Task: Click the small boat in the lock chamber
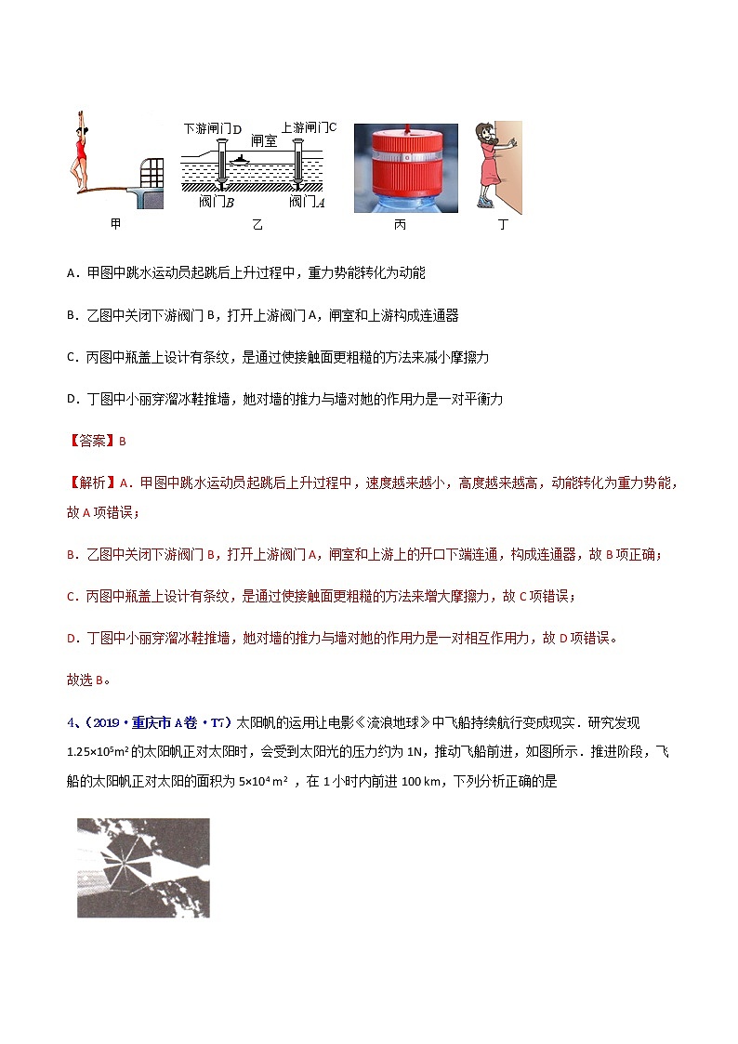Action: pyautogui.click(x=242, y=159)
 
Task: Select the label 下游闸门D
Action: pyautogui.click(x=213, y=128)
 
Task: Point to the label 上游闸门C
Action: pyautogui.click(x=308, y=127)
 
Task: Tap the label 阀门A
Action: pyautogui.click(x=306, y=201)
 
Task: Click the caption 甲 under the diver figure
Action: pyautogui.click(x=115, y=224)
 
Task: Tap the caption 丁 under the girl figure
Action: pyautogui.click(x=503, y=224)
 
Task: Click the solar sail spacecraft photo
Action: pyautogui.click(x=143, y=867)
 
